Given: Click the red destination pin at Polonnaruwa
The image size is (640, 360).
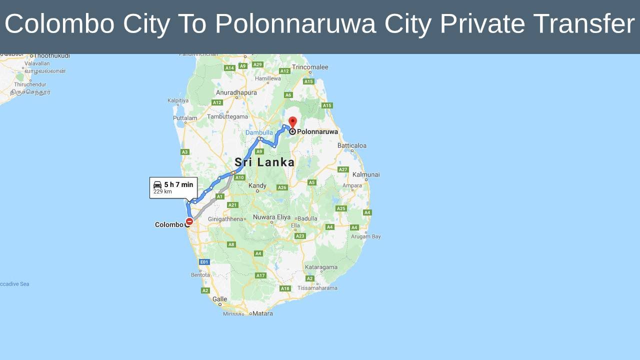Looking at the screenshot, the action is click(x=293, y=122).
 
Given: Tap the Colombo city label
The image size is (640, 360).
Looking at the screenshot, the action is click(x=169, y=224).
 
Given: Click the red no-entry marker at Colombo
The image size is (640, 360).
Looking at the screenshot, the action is click(x=189, y=221).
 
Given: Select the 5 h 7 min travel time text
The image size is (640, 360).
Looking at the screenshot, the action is click(x=178, y=184).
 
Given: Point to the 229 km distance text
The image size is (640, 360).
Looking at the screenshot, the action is click(x=162, y=192).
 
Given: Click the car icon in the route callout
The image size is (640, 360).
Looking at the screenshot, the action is click(x=157, y=185).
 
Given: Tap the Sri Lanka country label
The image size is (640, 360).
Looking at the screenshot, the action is click(x=264, y=162).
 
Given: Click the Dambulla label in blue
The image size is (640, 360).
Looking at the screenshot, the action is click(x=259, y=132).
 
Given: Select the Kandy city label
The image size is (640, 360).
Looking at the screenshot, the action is click(x=257, y=185).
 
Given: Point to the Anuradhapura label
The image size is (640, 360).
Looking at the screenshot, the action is click(x=236, y=92).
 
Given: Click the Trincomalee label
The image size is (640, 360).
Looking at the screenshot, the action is click(x=310, y=67).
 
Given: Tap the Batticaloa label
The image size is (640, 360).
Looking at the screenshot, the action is click(x=352, y=145).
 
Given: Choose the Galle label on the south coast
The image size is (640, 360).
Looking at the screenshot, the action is click(x=219, y=299).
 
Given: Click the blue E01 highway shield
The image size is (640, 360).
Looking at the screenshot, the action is click(x=204, y=262).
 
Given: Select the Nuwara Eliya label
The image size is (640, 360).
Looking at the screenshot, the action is click(x=271, y=217).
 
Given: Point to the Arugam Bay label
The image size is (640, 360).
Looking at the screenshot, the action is click(x=366, y=236).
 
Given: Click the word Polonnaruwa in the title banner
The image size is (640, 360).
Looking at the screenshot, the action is click(x=295, y=23).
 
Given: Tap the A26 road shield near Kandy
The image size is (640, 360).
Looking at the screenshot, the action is click(x=282, y=187).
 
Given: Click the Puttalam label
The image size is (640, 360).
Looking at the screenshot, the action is click(x=185, y=118).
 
